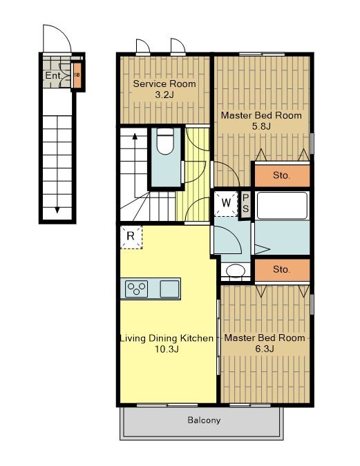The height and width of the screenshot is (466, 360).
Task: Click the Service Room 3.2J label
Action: (164, 89)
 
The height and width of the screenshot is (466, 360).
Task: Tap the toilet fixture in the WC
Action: (165, 142)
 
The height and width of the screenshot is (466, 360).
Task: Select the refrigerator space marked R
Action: (131, 237)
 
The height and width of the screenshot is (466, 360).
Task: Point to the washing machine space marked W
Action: (226, 204)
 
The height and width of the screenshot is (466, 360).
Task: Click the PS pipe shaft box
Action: (245, 204)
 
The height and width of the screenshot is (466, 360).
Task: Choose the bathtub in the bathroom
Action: (282, 206)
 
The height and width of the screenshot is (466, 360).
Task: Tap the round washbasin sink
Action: (236, 271)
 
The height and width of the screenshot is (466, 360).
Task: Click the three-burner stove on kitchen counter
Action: (137, 289)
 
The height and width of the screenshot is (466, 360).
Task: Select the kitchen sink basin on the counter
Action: (170, 289)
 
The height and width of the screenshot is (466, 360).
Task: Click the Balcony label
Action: (204, 420)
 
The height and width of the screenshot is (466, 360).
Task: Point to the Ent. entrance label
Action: (53, 75)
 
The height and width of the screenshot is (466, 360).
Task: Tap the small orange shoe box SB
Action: (77, 75)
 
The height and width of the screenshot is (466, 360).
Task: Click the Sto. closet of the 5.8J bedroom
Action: (281, 175)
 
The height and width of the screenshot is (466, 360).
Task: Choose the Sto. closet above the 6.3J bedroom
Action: (281, 270)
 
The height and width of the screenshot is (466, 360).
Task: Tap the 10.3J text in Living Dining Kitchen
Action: (167, 349)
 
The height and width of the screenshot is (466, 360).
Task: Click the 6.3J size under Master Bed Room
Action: (265, 349)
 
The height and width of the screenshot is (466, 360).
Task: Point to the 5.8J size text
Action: (261, 126)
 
